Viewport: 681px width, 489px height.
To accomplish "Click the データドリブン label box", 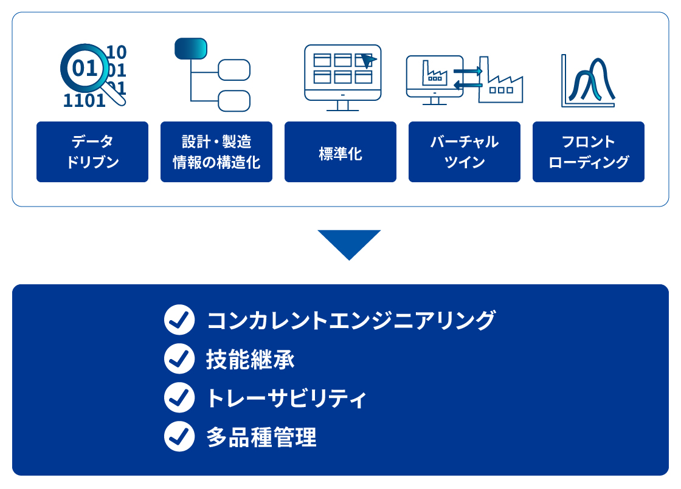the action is (x=92, y=152).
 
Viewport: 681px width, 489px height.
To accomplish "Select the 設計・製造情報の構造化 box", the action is (x=216, y=152).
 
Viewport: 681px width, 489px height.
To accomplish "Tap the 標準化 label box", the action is (x=340, y=152).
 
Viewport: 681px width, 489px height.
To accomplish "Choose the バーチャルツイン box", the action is (x=465, y=152).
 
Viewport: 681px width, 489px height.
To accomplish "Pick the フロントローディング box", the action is (x=589, y=152).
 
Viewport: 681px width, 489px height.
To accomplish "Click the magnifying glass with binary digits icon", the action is (x=94, y=75).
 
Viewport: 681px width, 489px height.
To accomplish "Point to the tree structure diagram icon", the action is (x=212, y=75).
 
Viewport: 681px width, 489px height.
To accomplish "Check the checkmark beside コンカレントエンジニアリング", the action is (x=179, y=320).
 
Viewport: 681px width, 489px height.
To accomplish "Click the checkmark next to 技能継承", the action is (x=179, y=359).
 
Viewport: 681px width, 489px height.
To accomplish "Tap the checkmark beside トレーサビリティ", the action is (x=179, y=397).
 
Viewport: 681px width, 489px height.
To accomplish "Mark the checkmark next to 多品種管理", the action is (x=179, y=437).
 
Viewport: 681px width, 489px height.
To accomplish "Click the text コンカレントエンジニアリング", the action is (x=351, y=320).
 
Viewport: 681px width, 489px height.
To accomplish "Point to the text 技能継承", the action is (x=250, y=359).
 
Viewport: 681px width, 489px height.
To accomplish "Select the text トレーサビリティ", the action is (x=286, y=398).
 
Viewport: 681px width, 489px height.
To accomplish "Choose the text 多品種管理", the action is (x=261, y=437).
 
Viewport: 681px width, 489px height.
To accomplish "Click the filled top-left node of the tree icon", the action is (x=191, y=49).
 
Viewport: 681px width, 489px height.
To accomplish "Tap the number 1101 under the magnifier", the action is (x=85, y=101).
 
